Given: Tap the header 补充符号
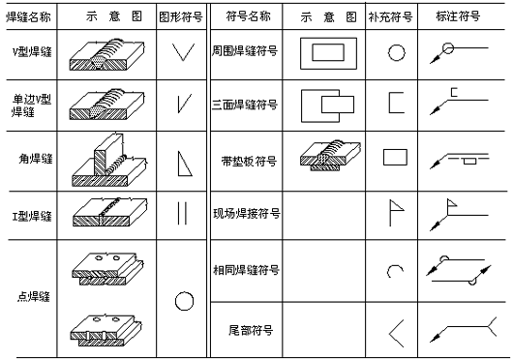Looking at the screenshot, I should point(395,17).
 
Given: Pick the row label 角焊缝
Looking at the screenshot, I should point(37,157).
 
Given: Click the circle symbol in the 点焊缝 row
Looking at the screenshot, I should point(184,300).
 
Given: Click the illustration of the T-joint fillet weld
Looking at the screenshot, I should point(108,157).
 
